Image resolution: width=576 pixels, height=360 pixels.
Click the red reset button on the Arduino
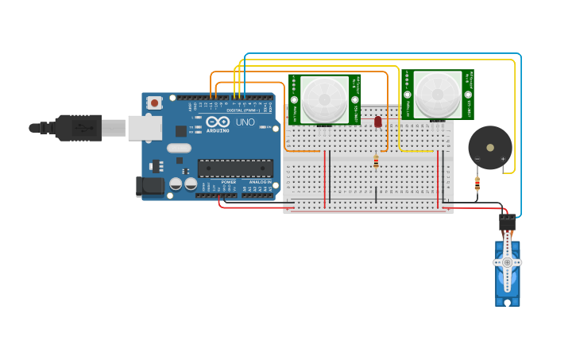pos(154,103)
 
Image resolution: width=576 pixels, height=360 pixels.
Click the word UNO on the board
pos(245,122)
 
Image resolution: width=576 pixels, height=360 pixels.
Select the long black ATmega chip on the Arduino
pos(235,168)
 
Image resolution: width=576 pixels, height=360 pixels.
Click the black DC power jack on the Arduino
pos(149,186)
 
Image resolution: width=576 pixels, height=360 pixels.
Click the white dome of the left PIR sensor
pos(324,99)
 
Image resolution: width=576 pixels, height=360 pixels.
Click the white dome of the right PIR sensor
pos(438,94)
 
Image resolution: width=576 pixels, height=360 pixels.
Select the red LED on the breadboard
pos(377,122)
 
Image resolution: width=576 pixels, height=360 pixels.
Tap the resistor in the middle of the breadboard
pos(376,162)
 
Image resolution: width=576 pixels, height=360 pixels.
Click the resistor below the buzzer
pos(477,184)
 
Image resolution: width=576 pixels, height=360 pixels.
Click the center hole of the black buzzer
pos(489,147)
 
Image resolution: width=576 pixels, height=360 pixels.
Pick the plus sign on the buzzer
pos(503,160)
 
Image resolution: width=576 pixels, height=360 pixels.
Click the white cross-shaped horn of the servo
pos(507,262)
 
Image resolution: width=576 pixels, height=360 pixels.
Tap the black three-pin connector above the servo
pos(507,222)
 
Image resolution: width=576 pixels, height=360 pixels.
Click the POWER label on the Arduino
pos(229,182)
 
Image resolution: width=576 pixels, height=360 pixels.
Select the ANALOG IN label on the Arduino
pos(259,182)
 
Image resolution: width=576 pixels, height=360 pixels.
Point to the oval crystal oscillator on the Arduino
pos(179,148)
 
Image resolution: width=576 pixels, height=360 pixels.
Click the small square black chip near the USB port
pos(181,131)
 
